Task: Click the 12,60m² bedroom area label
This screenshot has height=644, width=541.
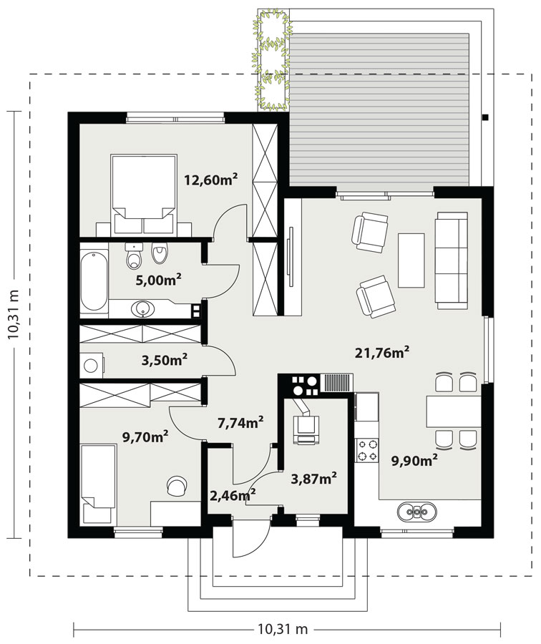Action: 210,179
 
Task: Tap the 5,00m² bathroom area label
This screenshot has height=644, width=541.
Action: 159,280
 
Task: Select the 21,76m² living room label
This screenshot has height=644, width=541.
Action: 382,352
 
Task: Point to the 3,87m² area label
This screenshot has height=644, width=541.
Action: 314,478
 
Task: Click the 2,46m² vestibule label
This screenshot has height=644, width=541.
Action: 233,495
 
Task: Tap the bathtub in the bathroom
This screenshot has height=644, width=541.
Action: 94,280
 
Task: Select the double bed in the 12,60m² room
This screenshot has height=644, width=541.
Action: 144,194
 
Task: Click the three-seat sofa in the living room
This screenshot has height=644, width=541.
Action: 452,260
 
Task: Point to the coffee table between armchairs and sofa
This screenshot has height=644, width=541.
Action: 411,260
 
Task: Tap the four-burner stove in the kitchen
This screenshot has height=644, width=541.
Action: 367,450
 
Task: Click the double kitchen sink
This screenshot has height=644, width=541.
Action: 417,512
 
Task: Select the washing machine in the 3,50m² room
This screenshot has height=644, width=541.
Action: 92,365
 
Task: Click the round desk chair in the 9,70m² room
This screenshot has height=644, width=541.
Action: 176,486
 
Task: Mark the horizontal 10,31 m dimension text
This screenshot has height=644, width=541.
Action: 283,629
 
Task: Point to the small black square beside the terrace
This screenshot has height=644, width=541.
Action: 486,117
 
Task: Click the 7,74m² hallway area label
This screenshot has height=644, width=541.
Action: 240,423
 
